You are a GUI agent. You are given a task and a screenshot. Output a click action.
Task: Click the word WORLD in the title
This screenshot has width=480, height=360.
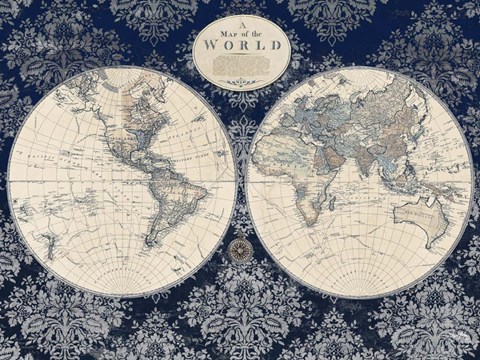pos(239,58)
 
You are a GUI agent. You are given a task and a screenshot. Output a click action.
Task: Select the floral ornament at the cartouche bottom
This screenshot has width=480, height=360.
pos(239,80)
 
